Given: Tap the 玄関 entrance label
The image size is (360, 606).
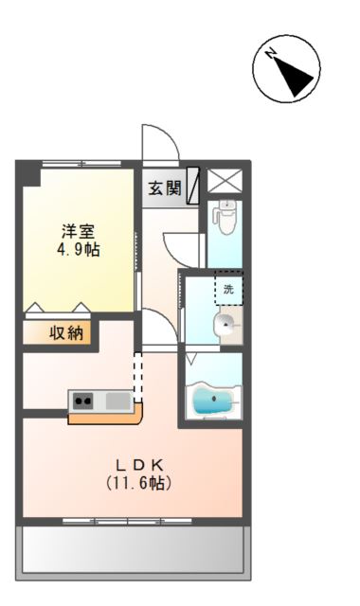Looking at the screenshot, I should tap(164, 187).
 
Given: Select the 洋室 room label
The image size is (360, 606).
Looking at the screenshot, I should tap(78, 231).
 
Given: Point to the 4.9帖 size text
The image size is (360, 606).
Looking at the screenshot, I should tap(78, 250).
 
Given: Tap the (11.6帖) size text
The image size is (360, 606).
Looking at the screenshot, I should tap(139, 483).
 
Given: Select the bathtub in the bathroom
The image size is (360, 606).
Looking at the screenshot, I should tap(215, 401).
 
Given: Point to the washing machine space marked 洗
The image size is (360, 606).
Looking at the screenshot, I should tap(227, 289).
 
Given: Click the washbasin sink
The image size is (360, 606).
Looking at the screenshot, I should tap(225, 328).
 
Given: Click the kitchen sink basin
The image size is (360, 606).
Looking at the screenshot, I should tap(117, 401).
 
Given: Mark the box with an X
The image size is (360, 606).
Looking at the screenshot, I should tap(225, 181).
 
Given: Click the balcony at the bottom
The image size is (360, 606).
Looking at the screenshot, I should tap(135, 549).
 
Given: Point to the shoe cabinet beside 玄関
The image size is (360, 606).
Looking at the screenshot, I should tap(193, 185).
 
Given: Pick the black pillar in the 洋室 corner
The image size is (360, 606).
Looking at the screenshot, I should tap(29, 174).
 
